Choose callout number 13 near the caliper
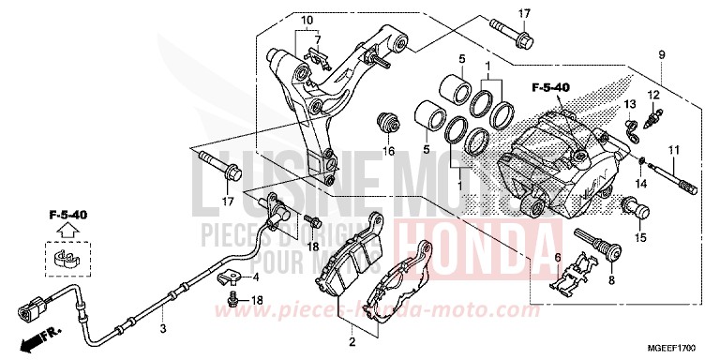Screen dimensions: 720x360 coord(629,102)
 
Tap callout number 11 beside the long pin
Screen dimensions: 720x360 coord(672,151)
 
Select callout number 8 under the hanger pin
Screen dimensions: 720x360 coord(612,278)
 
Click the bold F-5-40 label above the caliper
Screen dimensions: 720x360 coord(550,88)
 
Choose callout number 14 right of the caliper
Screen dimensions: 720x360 coord(644,183)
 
